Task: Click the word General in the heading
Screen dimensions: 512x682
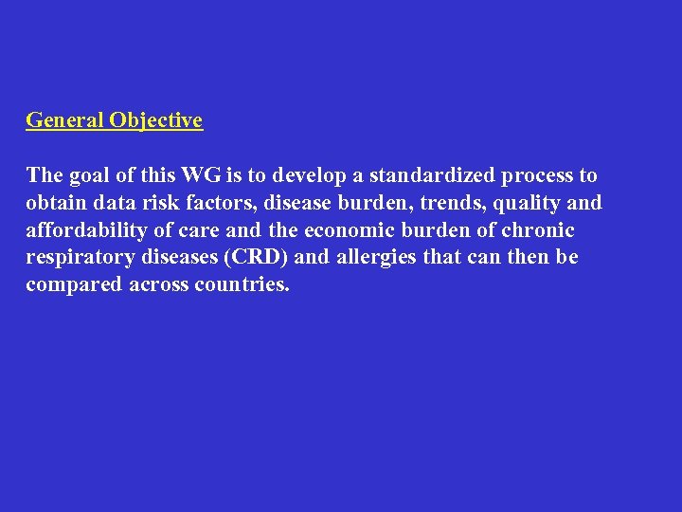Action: click(64, 120)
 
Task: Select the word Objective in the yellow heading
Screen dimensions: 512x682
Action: click(155, 120)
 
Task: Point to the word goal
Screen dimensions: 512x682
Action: click(88, 175)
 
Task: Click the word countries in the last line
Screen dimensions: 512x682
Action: click(242, 285)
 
